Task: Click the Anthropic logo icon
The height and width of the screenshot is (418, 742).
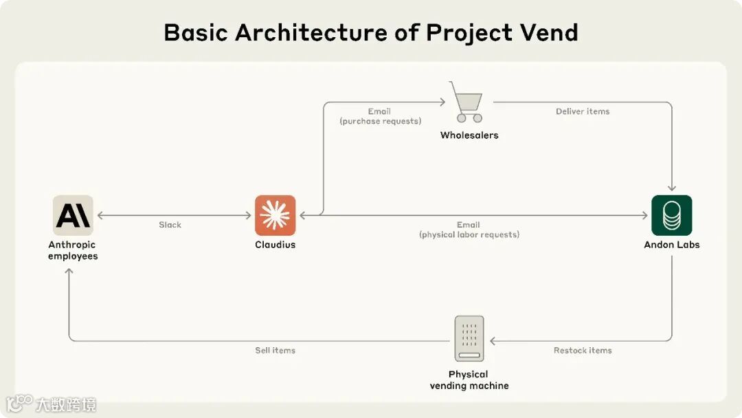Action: point(73,216)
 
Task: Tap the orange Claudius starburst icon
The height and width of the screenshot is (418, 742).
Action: point(275,216)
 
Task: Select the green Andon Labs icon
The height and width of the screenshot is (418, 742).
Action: point(671,216)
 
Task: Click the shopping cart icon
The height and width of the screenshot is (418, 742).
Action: point(466,102)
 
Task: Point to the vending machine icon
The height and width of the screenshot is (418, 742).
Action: point(469,338)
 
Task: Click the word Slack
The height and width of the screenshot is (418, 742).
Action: point(170,225)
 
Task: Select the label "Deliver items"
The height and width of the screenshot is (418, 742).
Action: point(583,111)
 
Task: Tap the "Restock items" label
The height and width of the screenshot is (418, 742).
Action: point(583,351)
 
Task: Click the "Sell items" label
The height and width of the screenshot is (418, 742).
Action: point(275,351)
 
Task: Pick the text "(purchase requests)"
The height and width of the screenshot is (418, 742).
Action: point(380,121)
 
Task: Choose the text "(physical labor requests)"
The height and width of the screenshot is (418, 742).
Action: point(469,234)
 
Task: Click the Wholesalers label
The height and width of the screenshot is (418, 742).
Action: point(469,135)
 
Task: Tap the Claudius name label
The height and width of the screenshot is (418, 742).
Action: point(275,245)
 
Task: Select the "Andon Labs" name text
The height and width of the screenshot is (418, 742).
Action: point(671,245)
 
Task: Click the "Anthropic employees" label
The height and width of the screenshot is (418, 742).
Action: point(73,250)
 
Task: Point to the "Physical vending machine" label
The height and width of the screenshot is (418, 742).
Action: point(469,380)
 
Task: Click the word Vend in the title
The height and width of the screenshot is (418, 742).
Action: point(548,32)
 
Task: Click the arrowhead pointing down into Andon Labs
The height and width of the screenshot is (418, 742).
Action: point(671,187)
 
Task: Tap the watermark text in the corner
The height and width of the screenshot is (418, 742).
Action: point(66,404)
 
